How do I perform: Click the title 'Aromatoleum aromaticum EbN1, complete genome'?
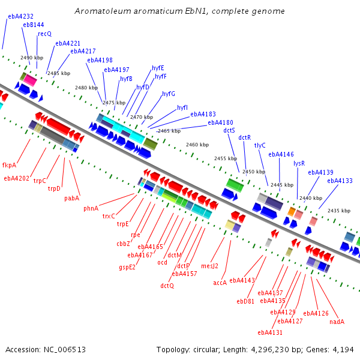(180, 11)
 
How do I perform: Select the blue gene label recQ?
(45, 34)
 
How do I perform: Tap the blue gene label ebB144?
(34, 25)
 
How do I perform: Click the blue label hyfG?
(169, 94)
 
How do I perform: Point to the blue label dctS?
(229, 130)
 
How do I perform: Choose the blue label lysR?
(299, 163)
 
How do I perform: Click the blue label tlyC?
(260, 145)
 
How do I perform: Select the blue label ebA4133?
(340, 181)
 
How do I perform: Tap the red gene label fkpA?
(9, 165)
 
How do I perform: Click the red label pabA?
(72, 198)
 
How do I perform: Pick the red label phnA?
(91, 208)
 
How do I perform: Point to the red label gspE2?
(127, 267)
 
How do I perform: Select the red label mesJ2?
(210, 266)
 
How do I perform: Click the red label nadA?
(337, 322)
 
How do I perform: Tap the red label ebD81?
(245, 301)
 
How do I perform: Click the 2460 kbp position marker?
(197, 145)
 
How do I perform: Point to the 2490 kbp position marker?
(32, 58)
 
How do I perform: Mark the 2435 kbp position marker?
(338, 211)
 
